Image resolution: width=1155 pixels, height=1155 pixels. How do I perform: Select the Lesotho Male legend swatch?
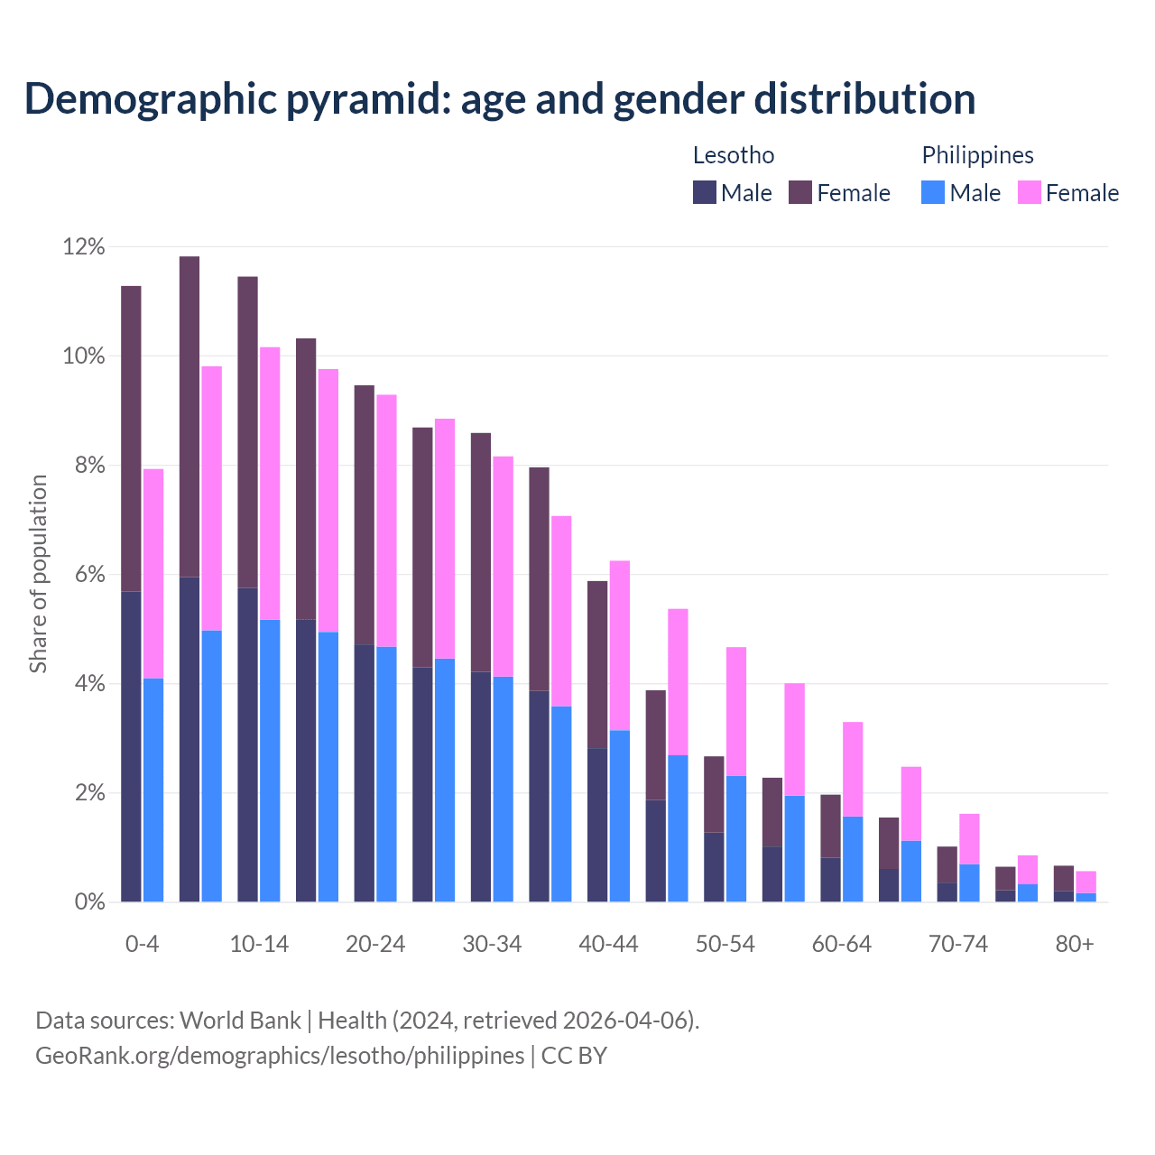[705, 192]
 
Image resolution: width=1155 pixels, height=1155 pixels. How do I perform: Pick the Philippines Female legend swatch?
[1030, 192]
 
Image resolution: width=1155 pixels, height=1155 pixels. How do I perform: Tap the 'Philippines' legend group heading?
[977, 155]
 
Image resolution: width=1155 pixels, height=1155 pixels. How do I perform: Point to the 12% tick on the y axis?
[84, 247]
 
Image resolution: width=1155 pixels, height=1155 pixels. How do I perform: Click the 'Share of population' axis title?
[38, 574]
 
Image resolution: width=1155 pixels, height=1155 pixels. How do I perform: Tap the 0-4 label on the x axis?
[143, 944]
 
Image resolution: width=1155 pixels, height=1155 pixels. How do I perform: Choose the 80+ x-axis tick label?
[1075, 944]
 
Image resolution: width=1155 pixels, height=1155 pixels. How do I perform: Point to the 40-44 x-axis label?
[608, 944]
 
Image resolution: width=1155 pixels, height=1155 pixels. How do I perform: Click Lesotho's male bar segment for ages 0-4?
[131, 747]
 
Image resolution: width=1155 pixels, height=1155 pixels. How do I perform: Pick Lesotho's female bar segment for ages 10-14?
[247, 432]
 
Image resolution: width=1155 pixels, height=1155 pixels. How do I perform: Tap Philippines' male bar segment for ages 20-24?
[386, 774]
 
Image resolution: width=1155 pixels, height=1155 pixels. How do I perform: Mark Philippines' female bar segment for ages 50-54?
[736, 711]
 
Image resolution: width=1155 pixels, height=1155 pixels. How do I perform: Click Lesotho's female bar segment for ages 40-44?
[597, 664]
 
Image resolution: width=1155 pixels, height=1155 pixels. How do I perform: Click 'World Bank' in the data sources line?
[240, 1021]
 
